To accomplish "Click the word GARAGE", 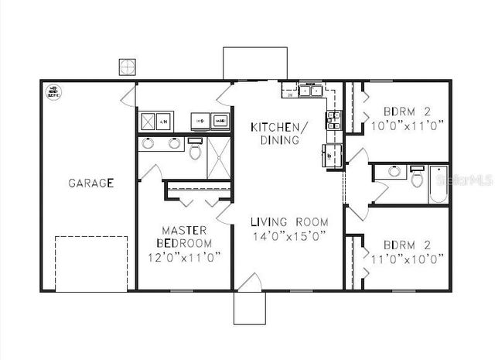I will click(90, 183).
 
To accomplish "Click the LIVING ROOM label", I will click(289, 222).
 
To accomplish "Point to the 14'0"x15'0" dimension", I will click(289, 236).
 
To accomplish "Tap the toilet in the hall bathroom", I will click(417, 179).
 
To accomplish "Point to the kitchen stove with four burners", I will click(333, 118).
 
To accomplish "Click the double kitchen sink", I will click(310, 91).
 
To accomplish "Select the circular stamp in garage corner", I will click(54, 92).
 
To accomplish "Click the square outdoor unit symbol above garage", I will click(128, 67).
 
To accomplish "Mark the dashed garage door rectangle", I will click(90, 263).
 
